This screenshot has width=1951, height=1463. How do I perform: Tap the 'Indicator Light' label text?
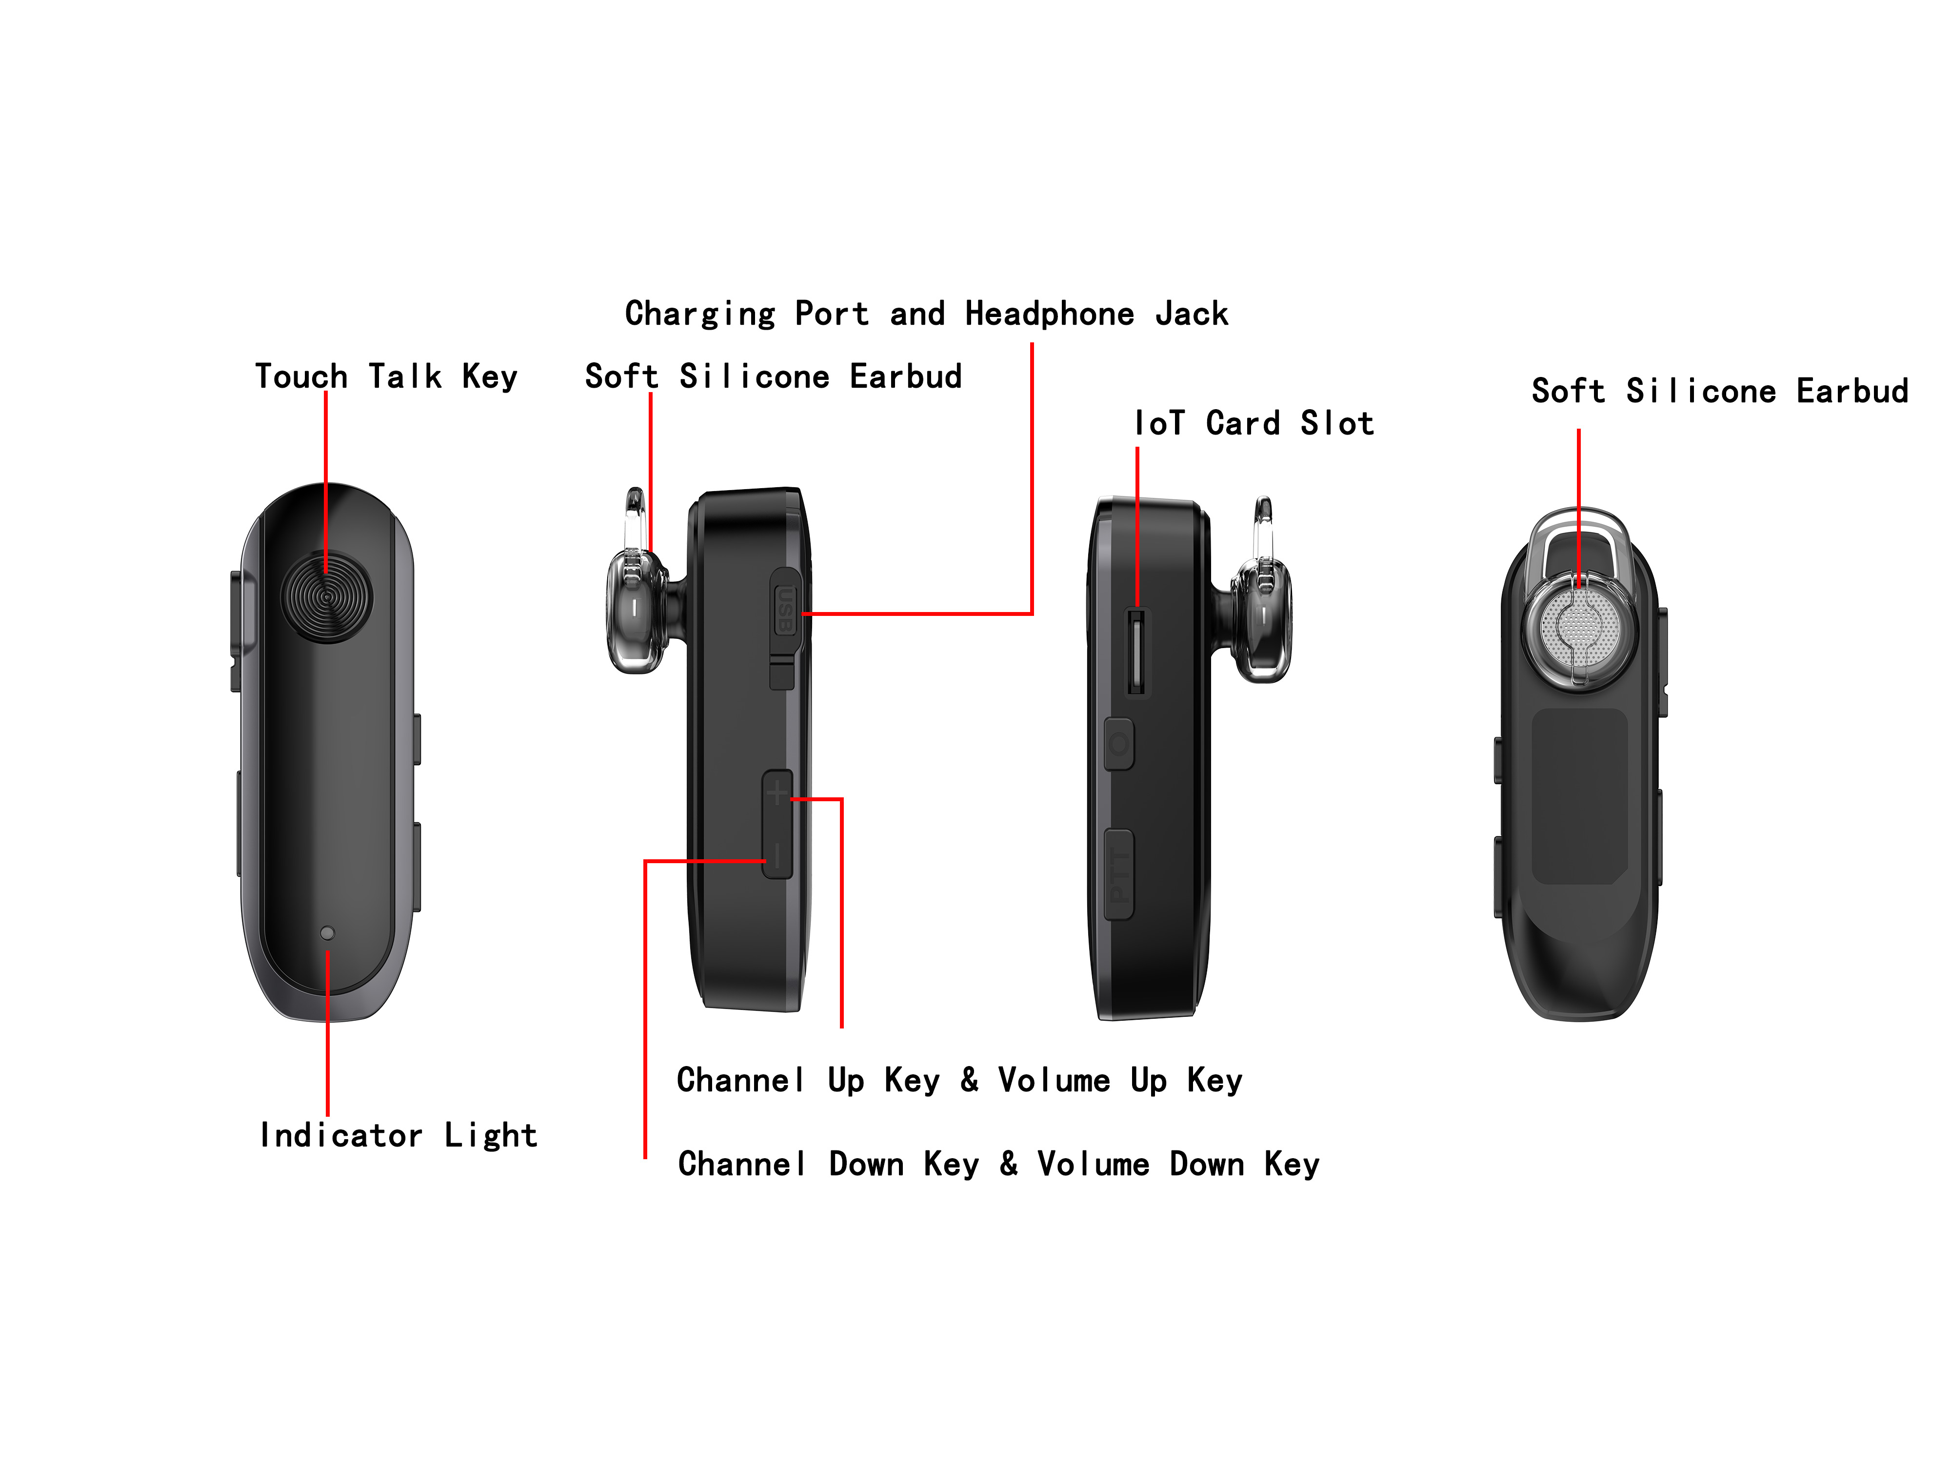398,1135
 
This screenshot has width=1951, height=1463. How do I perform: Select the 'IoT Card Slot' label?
1254,423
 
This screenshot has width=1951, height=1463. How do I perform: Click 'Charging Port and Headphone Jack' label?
926,314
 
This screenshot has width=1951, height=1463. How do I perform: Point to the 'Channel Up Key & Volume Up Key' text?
959,1080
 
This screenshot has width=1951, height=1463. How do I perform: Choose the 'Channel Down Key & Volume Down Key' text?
998,1164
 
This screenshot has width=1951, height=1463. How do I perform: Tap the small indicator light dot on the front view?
327,932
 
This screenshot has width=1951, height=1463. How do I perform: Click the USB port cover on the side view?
784,610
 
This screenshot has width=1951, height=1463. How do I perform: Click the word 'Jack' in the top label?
1192,314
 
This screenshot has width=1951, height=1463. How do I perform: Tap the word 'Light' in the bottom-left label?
490,1135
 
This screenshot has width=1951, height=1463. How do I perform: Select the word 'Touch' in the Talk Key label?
301,376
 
